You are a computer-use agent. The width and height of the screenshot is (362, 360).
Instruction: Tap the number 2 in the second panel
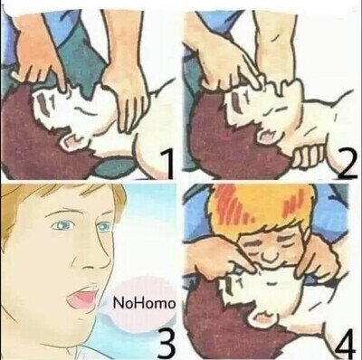click(348, 164)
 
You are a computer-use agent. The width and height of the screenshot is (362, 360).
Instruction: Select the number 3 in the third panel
click(166, 343)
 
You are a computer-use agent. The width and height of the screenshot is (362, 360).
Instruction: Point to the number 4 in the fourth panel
click(347, 343)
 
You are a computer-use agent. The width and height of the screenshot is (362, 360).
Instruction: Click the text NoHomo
click(144, 303)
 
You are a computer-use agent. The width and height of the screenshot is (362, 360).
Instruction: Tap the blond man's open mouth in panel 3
click(82, 297)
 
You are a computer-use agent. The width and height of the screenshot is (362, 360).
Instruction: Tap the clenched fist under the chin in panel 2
click(309, 156)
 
